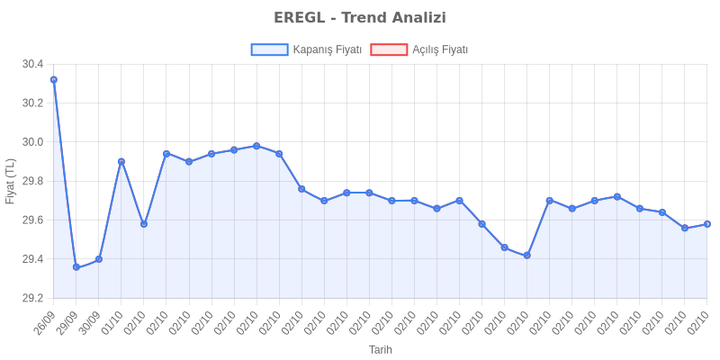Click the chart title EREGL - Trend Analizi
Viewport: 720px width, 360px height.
tap(360, 18)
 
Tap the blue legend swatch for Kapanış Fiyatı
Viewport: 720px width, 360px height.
tap(269, 50)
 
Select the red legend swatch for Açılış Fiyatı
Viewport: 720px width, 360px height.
tap(388, 50)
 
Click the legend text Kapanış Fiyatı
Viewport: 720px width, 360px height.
tap(328, 50)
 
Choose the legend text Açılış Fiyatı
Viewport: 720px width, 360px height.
tap(440, 50)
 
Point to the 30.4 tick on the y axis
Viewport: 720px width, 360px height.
tap(32, 64)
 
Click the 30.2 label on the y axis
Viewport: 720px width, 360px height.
tap(32, 103)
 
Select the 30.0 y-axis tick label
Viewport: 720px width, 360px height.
tap(32, 142)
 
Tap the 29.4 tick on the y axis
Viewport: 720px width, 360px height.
tap(32, 259)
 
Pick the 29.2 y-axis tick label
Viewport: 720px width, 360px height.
tap(32, 298)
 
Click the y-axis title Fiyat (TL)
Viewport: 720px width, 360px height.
tap(10, 181)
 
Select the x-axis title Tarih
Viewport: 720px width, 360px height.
tap(380, 349)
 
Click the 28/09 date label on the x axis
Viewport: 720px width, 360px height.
tap(45, 320)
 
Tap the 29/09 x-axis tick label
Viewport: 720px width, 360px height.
tap(67, 320)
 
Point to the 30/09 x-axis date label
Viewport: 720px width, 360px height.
tap(90, 320)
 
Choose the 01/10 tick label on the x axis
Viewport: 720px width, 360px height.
tap(112, 320)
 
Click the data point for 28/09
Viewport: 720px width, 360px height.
tap(53, 79)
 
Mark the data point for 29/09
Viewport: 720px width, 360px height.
tap(76, 266)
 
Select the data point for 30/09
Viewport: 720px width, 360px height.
tap(98, 257)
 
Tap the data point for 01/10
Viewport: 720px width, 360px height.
tap(121, 161)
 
